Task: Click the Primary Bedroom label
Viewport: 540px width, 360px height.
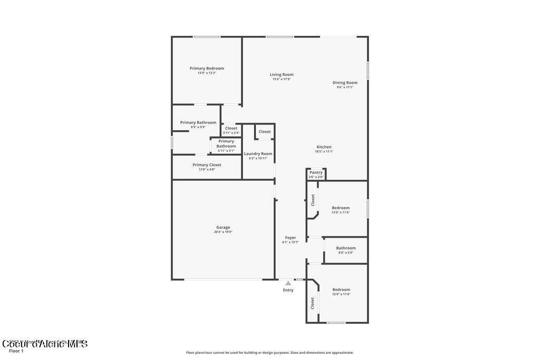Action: point(207,68)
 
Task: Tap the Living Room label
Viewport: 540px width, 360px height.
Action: point(282,74)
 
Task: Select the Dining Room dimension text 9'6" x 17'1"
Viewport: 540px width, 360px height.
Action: point(345,87)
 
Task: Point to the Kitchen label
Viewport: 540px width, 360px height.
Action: point(324,147)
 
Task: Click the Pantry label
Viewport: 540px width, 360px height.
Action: point(316,172)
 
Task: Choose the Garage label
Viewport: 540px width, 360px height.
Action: point(223,227)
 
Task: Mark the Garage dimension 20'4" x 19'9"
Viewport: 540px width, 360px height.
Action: point(223,232)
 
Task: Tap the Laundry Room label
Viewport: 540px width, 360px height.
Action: point(258,153)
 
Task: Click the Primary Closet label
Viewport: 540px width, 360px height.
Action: point(207,164)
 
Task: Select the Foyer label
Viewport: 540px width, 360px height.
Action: point(291,237)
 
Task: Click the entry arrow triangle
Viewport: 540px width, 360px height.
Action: point(288,283)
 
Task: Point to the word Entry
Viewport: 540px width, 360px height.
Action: point(288,290)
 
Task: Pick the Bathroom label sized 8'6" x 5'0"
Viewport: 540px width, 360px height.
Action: point(346,248)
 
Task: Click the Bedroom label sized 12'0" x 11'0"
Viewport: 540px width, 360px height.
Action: point(341,208)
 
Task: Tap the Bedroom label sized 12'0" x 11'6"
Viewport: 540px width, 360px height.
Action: point(341,289)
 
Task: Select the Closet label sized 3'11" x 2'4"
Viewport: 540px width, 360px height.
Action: point(231,128)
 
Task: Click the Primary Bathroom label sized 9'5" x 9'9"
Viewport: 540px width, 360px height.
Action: point(198,122)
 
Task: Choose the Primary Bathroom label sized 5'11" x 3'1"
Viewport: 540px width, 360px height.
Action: point(226,143)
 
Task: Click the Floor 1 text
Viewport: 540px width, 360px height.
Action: point(16,351)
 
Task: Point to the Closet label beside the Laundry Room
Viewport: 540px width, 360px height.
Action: point(265,131)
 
